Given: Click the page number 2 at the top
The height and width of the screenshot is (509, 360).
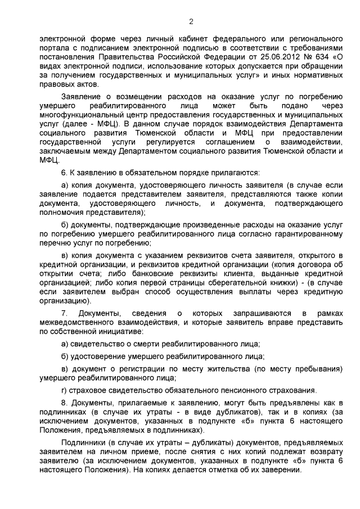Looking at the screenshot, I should (191, 22).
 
